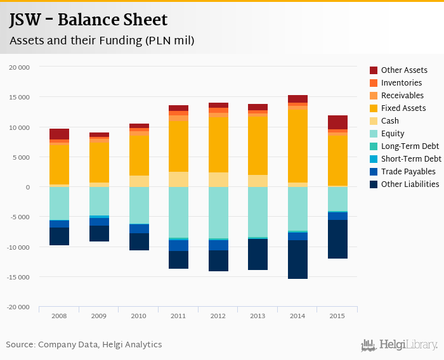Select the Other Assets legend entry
(x=404, y=70)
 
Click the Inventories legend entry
(x=402, y=83)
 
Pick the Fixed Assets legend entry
(x=403, y=108)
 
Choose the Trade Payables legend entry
(x=408, y=172)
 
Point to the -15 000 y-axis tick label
(x=19, y=277)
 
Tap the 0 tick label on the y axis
(x=28, y=187)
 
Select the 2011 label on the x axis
(x=178, y=316)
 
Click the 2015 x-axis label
(x=337, y=316)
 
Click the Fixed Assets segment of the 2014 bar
(x=297, y=146)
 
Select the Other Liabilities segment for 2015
(x=337, y=239)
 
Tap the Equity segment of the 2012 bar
(x=218, y=212)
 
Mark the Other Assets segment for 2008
(x=59, y=134)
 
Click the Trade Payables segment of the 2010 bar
(x=138, y=228)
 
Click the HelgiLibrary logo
(x=399, y=345)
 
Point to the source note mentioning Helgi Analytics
(x=84, y=345)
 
